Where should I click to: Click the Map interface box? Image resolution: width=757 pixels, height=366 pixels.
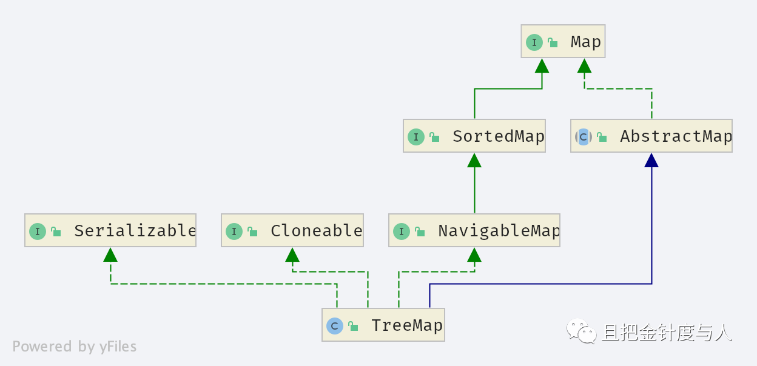coord(563,41)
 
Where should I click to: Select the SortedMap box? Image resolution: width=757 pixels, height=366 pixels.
coord(474,136)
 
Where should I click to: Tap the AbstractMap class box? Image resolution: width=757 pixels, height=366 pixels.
coord(651,136)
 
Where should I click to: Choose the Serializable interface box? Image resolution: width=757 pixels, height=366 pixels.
coord(110,230)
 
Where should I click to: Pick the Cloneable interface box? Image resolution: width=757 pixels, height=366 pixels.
coord(292,230)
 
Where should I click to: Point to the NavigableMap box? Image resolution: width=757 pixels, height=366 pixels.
coord(474,230)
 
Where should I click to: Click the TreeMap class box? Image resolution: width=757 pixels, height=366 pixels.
coord(383,325)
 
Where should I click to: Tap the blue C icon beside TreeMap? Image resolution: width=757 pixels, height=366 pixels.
coord(335,326)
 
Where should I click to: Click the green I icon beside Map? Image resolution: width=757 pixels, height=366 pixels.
coord(534,42)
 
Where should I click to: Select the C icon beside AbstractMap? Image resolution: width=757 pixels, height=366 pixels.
coord(584,137)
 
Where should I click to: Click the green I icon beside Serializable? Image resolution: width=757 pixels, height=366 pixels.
coord(38,231)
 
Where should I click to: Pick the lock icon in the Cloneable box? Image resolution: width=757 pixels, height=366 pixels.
coord(252,231)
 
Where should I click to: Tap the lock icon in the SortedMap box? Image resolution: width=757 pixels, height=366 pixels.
coord(434,137)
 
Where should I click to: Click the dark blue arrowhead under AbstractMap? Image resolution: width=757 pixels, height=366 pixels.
coord(651,161)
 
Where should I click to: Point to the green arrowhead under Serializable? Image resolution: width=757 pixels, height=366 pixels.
coord(110,255)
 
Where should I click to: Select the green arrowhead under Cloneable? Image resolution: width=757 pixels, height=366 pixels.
coord(292,255)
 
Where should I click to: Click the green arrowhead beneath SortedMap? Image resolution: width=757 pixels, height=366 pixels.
coord(474,161)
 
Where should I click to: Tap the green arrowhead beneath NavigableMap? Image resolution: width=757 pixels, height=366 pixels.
coord(474,255)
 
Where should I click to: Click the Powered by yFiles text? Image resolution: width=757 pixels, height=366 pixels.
coord(75,347)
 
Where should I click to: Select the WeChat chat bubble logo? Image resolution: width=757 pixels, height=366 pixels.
coord(582,331)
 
